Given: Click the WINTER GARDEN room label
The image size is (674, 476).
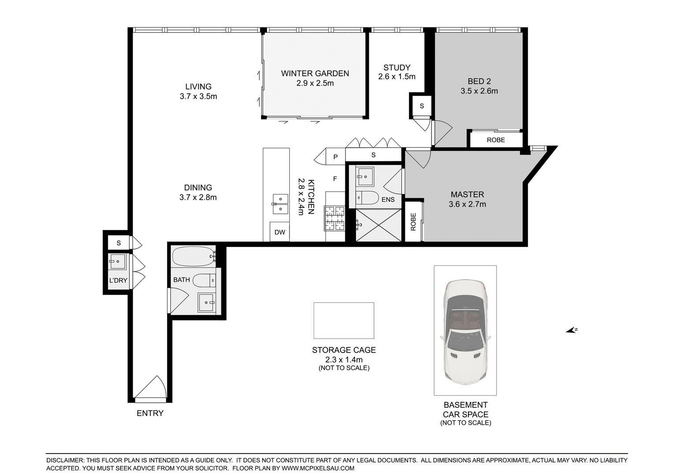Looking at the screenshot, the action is pyautogui.click(x=315, y=73).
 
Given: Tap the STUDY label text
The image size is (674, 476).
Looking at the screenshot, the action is pyautogui.click(x=397, y=67).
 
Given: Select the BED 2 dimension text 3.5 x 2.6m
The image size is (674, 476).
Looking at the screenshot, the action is pyautogui.click(x=479, y=91).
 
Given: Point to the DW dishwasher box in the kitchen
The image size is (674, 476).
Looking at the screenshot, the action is pyautogui.click(x=280, y=232).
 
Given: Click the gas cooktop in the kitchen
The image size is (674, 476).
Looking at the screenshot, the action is pyautogui.click(x=335, y=218).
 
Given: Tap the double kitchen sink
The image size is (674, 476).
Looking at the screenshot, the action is pyautogui.click(x=280, y=204).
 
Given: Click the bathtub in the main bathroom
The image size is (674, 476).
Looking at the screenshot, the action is pyautogui.click(x=194, y=257).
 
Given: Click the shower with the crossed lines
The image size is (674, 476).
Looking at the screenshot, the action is pyautogui.click(x=378, y=225).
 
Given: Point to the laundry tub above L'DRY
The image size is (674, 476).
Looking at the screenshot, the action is pyautogui.click(x=117, y=262).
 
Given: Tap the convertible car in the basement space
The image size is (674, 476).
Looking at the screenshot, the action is pyautogui.click(x=465, y=332).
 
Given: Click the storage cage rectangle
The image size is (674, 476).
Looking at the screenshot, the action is pyautogui.click(x=344, y=320).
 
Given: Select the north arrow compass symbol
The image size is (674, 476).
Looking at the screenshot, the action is pyautogui.click(x=572, y=330).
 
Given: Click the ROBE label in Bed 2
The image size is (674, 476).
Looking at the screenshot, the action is pyautogui.click(x=496, y=140).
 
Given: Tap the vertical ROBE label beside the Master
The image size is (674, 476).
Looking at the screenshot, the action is pyautogui.click(x=413, y=222).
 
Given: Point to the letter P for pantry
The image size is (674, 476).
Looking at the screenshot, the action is pyautogui.click(x=336, y=157).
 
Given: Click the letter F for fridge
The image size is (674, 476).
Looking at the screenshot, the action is pyautogui.click(x=335, y=179).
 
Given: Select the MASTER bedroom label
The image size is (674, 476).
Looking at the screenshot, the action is pyautogui.click(x=467, y=194).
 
